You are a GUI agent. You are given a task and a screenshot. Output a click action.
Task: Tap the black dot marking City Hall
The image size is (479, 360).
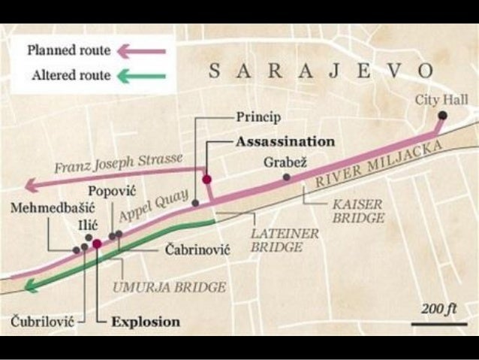(x=443, y=115)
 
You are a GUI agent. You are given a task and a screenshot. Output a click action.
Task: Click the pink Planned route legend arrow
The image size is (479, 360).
(x=143, y=51)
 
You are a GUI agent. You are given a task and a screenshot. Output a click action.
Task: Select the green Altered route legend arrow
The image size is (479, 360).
(x=143, y=75)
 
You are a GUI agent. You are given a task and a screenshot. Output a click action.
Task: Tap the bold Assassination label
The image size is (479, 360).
(x=285, y=141)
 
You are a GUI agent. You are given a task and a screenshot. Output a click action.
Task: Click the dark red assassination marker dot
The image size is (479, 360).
(x=206, y=180)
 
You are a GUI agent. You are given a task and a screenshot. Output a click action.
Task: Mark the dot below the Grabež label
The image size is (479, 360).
(x=286, y=177)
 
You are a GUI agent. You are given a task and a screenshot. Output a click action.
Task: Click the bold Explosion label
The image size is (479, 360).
(x=146, y=322)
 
